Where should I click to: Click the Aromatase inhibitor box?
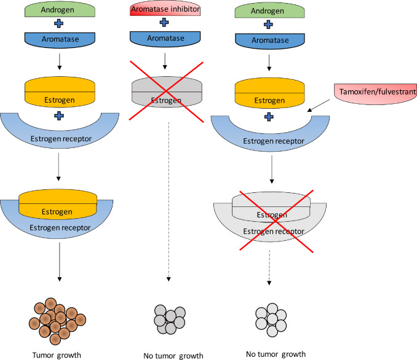tap(165, 10)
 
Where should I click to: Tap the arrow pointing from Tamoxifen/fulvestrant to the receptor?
tap(319, 106)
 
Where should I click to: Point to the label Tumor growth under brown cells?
tap(57, 355)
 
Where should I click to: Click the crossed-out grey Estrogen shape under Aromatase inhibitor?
tap(167, 92)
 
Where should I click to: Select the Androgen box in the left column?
tap(60, 10)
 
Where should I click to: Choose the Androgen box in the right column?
tap(269, 12)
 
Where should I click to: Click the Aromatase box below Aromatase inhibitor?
tap(165, 39)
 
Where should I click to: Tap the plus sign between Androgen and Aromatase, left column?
tap(59, 23)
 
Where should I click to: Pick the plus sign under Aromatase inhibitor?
tap(164, 22)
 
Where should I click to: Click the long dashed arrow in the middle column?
tap(169, 202)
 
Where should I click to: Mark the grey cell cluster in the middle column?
tap(170, 319)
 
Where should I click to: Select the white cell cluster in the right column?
tap(271, 320)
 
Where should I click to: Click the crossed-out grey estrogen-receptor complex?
tap(270, 216)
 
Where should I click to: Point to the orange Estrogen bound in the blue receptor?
tap(58, 204)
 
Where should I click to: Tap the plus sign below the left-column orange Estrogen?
tap(59, 116)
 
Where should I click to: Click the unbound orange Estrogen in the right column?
tap(269, 93)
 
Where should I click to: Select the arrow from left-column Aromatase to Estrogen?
tap(59, 61)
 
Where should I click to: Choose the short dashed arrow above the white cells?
tap(269, 267)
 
